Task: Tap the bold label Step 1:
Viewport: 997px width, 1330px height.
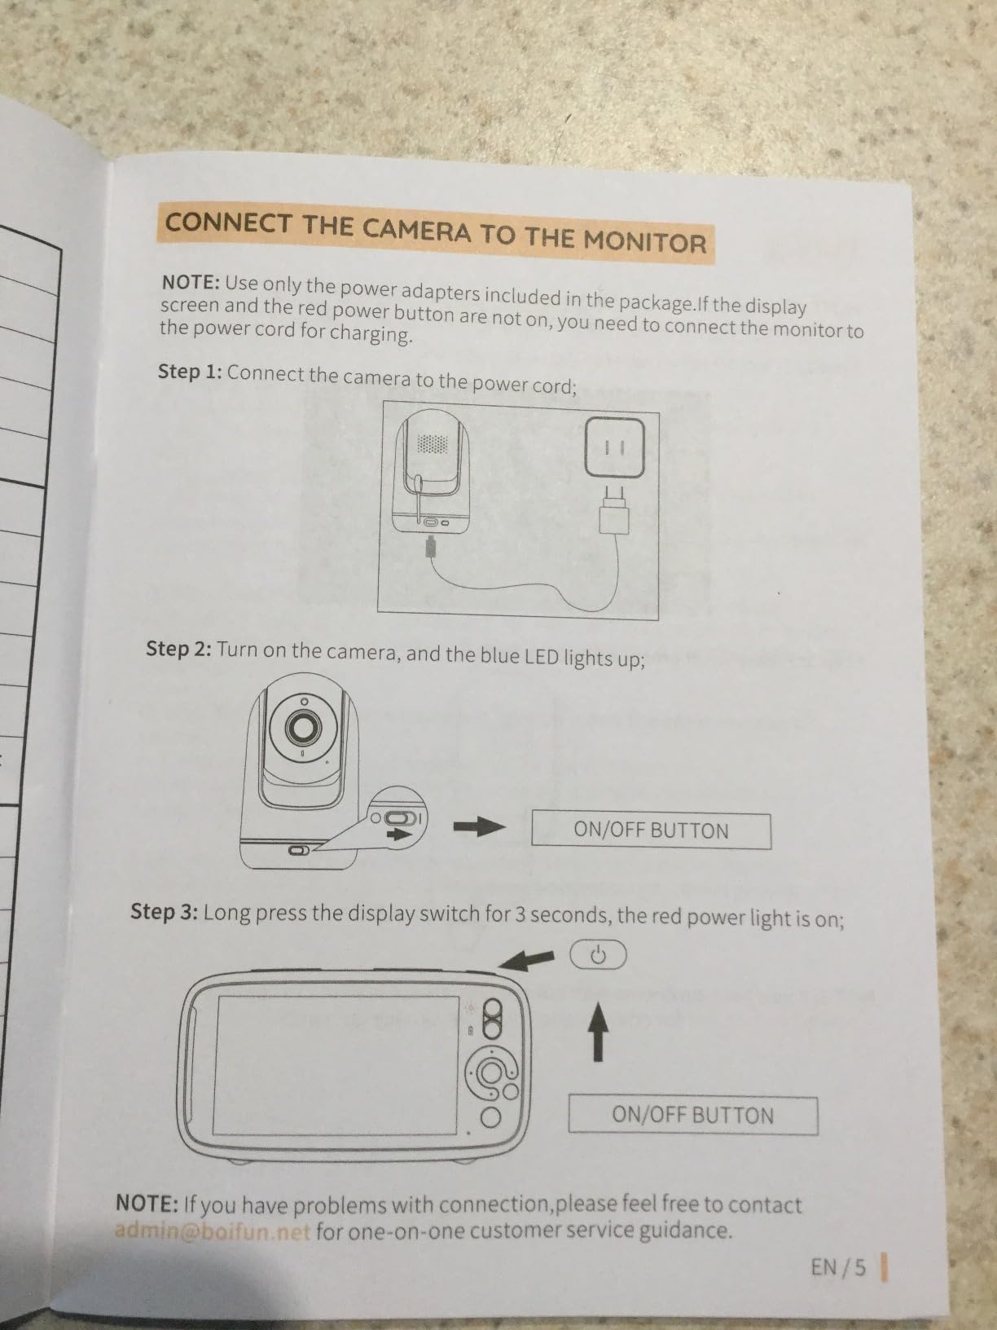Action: pos(190,372)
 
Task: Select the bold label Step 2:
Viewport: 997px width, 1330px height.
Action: pos(178,649)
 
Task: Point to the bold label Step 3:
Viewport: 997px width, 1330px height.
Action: pos(164,911)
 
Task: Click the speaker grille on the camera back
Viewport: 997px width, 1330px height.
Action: pos(433,444)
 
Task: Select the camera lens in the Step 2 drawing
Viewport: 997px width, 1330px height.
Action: pos(303,727)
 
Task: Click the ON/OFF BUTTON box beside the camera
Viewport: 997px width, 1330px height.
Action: pos(651,830)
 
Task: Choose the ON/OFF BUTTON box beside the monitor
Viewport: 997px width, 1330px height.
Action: pos(692,1115)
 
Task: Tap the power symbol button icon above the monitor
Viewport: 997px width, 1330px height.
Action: pos(598,953)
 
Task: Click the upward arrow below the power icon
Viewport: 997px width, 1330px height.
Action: pos(598,1030)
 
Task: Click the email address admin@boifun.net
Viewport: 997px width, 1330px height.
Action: pos(213,1230)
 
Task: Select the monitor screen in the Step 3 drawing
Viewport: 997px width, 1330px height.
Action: pos(334,1064)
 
